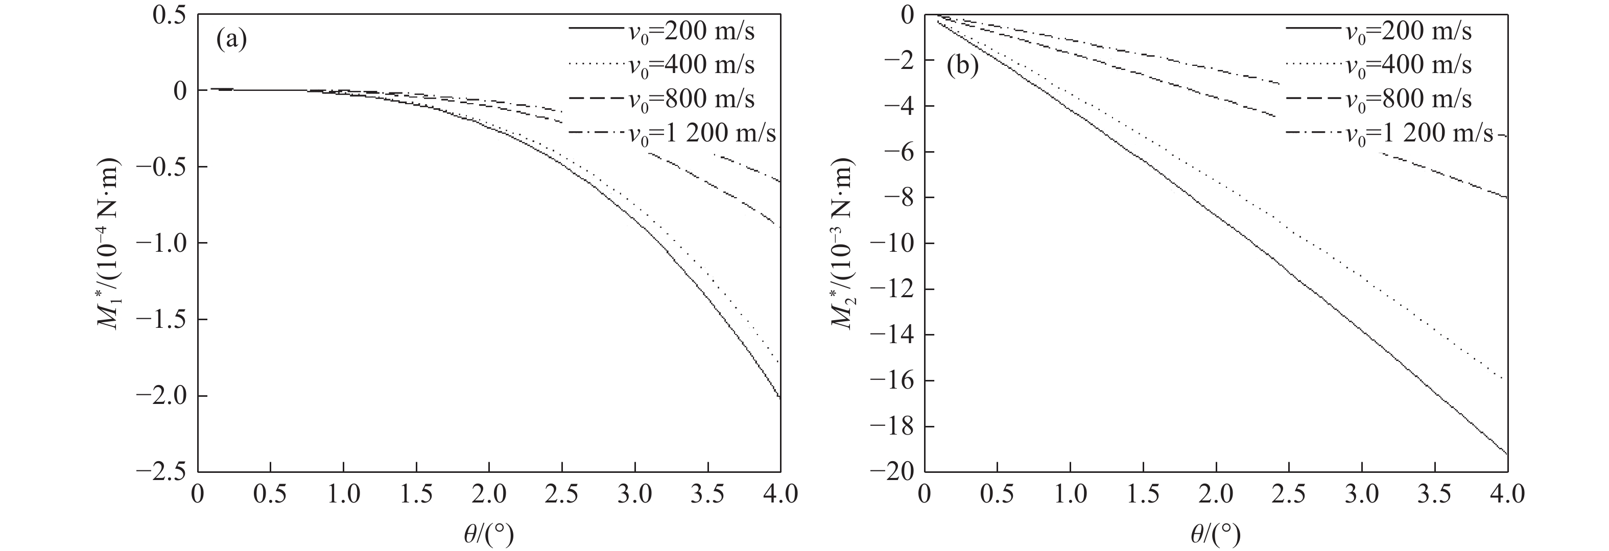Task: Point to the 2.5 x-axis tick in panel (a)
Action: [562, 495]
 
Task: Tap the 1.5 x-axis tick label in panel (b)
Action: [1143, 495]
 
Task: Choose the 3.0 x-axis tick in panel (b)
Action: [1362, 495]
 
